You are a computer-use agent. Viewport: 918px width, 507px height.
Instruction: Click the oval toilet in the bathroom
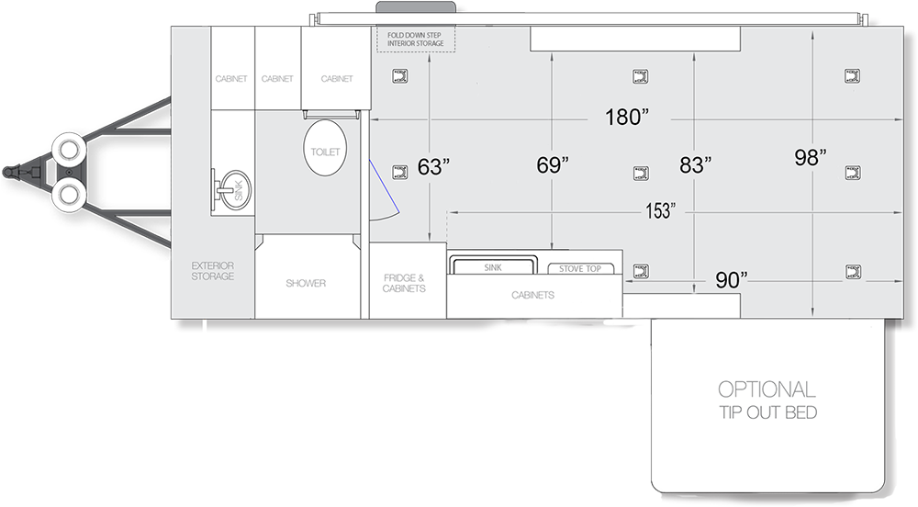[325, 148]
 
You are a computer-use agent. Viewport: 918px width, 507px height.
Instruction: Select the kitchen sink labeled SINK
[493, 265]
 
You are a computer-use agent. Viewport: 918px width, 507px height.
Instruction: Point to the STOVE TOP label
[579, 269]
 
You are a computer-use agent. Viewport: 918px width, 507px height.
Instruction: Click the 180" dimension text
[626, 117]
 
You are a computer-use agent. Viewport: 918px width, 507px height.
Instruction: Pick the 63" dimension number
[433, 167]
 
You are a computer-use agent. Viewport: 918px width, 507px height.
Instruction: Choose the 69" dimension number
[553, 165]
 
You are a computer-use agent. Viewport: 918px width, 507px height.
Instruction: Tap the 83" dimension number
[696, 165]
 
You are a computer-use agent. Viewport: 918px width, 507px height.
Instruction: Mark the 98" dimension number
[811, 157]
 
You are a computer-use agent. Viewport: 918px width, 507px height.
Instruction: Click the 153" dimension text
[660, 210]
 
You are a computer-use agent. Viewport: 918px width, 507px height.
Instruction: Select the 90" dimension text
[732, 280]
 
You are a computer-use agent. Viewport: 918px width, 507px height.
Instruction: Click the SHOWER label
[306, 284]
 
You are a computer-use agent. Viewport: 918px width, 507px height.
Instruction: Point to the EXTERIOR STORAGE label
[213, 271]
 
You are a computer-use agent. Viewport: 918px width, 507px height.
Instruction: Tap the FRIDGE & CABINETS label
[404, 284]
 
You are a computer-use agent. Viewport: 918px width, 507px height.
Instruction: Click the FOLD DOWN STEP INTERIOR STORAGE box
[416, 39]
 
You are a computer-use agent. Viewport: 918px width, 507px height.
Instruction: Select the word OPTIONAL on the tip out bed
[767, 389]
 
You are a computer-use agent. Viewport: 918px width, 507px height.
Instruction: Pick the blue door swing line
[384, 186]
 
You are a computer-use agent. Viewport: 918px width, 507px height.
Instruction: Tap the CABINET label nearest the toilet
[337, 78]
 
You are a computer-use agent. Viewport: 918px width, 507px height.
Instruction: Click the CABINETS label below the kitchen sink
[532, 295]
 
